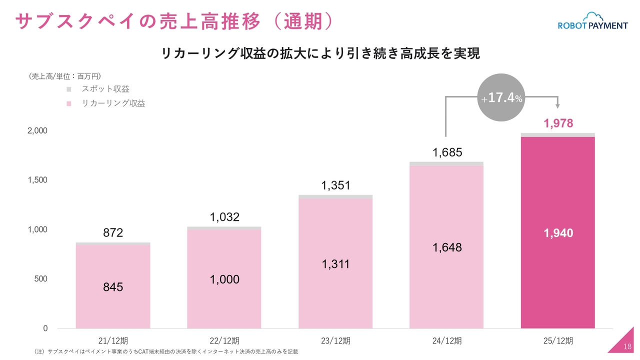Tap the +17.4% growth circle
502,97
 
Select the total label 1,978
558,123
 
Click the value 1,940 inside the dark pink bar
558,233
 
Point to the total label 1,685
447,152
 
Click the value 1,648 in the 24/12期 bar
447,247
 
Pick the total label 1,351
335,186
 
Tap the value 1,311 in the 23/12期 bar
335,264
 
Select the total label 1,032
224,217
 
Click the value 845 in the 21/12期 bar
113,287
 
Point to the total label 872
113,233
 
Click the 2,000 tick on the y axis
37,131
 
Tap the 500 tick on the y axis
40,279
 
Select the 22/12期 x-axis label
224,341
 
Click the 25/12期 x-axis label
558,341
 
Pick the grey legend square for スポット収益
69,89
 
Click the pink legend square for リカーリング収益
69,104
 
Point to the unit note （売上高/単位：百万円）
65,76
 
